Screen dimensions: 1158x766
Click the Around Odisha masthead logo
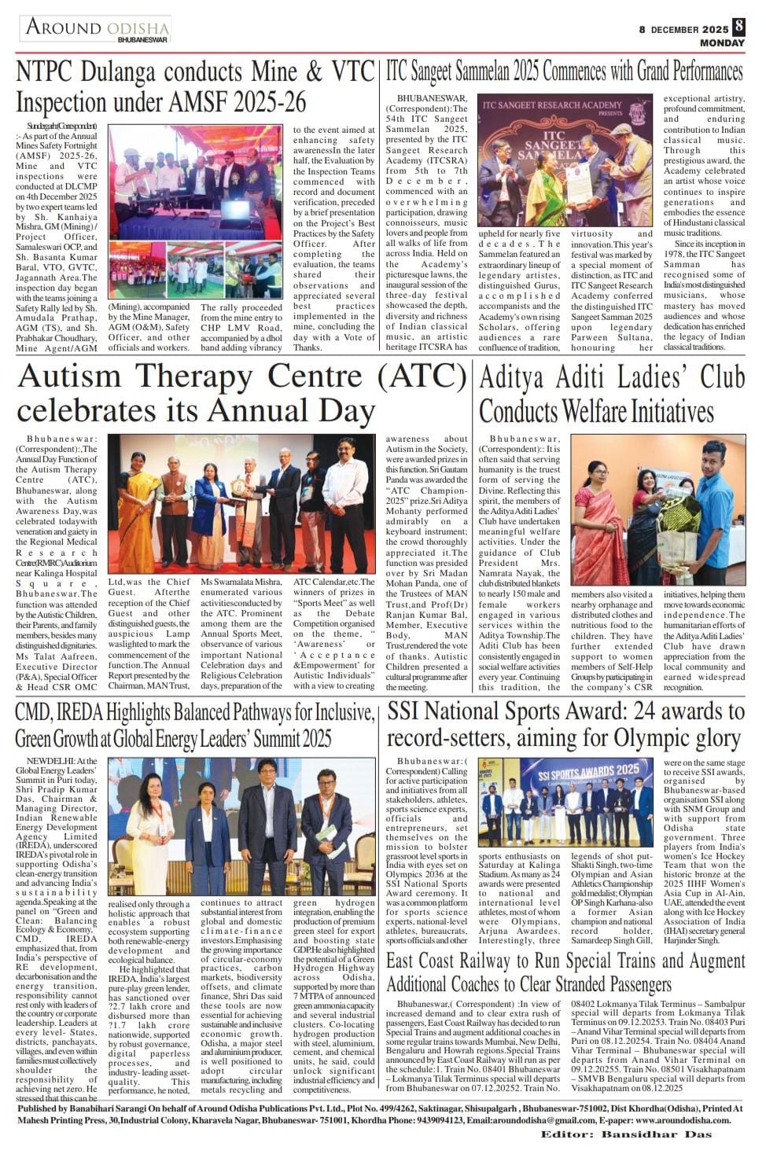click(96, 28)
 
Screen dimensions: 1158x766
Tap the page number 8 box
click(738, 25)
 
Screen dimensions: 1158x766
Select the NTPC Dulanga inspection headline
click(195, 87)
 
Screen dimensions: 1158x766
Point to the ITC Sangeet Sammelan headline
click(564, 72)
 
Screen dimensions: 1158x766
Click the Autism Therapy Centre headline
click(241, 392)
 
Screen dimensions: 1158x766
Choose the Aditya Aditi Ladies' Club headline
click(611, 394)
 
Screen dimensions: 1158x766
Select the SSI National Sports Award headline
click(565, 725)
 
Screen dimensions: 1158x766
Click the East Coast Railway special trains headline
click(565, 972)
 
